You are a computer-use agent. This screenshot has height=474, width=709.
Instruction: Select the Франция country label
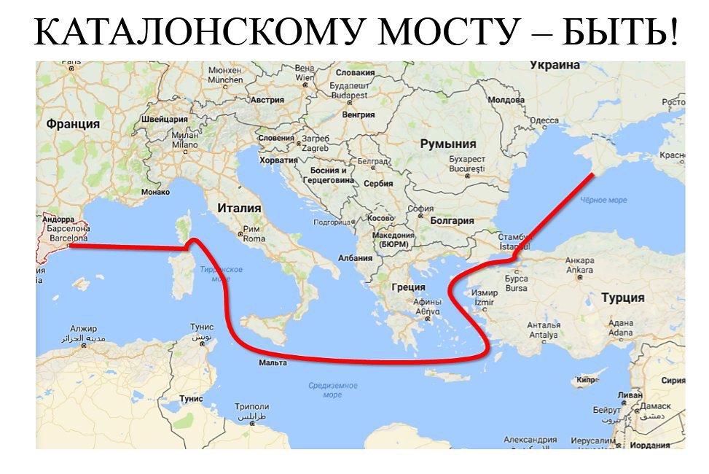[x=73, y=124]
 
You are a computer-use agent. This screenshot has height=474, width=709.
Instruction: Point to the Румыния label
[x=447, y=144]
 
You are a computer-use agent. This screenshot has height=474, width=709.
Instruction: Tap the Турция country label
[x=622, y=298]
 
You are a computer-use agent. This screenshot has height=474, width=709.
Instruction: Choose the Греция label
[x=409, y=287]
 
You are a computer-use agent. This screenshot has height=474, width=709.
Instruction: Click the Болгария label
[x=452, y=220]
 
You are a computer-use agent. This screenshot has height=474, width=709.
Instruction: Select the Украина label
[x=555, y=66]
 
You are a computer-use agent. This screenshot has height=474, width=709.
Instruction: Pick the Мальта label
[x=273, y=362]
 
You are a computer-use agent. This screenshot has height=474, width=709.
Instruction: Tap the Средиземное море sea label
[x=332, y=390]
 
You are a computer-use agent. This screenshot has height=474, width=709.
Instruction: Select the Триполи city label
[x=252, y=407]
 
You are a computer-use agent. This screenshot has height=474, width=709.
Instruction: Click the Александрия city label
[x=530, y=440]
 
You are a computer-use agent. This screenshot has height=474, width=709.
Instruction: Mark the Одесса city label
[x=544, y=120]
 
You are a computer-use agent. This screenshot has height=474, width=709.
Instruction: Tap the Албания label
[x=356, y=258]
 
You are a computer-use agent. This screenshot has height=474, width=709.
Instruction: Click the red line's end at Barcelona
[x=71, y=246]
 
